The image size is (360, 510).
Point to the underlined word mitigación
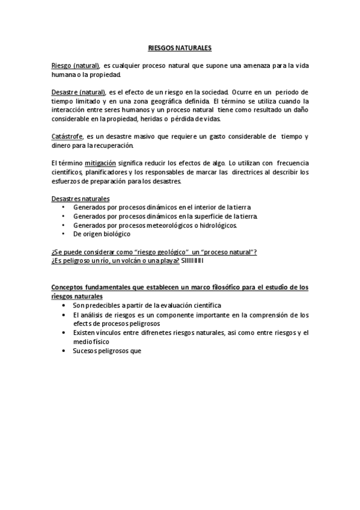pyautogui.click(x=100, y=163)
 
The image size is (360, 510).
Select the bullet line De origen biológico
pyautogui.click(x=102, y=234)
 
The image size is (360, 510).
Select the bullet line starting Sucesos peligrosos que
pyautogui.click(x=106, y=351)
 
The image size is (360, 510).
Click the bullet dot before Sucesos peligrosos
pyautogui.click(x=65, y=351)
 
